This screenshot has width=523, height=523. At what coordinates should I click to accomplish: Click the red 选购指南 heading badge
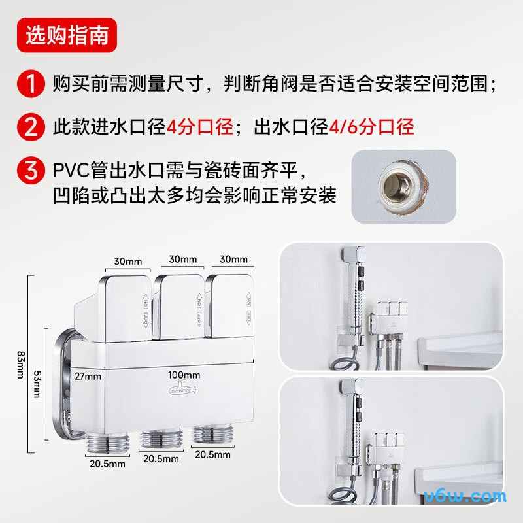pos(67,36)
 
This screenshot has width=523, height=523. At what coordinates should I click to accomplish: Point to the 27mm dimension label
pos(88,376)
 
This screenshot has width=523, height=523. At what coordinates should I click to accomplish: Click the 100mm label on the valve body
pos(184,375)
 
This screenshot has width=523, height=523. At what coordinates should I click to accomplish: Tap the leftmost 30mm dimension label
pos(128,261)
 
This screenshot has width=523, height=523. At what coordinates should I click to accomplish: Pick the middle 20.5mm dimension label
pos(160,458)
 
